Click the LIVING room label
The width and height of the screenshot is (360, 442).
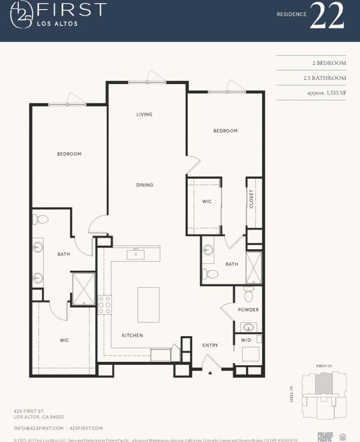point(144,114)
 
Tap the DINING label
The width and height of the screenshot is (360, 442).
point(144,185)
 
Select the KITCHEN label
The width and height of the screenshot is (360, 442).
point(132,335)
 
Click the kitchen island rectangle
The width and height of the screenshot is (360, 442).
point(148,304)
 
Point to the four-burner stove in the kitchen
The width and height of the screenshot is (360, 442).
point(104,305)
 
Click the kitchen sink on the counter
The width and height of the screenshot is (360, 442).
point(136,254)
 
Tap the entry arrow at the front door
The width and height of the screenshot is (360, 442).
point(210,373)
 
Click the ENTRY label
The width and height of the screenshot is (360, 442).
point(210,345)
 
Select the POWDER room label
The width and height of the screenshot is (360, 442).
point(248,309)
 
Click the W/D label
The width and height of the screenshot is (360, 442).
point(246,340)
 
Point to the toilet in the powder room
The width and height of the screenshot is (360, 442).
point(248,295)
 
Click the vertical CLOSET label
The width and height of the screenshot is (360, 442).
point(251,199)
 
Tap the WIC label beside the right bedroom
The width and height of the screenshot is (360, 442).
point(207,201)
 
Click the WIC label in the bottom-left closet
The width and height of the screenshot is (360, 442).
point(64,340)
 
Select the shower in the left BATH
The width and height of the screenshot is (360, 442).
point(83,288)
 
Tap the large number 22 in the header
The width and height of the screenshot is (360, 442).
point(327,17)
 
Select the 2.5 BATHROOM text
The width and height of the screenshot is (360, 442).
point(325,78)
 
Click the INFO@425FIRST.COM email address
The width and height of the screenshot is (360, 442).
point(38,428)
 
